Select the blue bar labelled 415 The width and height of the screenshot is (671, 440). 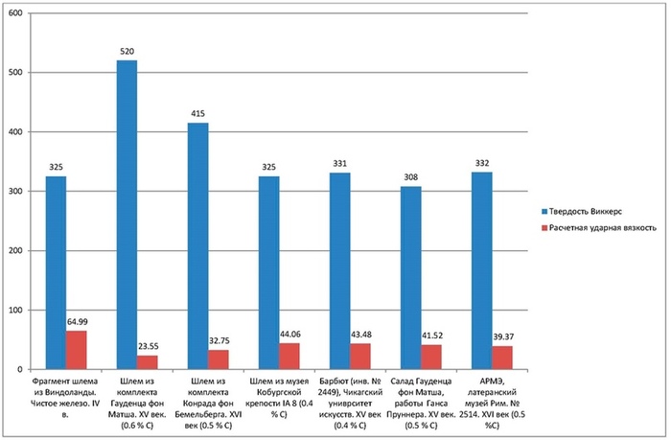point(197,246)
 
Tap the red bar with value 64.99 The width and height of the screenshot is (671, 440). point(76,350)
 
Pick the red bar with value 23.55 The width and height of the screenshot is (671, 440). point(147,362)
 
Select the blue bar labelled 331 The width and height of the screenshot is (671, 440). point(339,271)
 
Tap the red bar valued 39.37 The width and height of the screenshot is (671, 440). point(501,358)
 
